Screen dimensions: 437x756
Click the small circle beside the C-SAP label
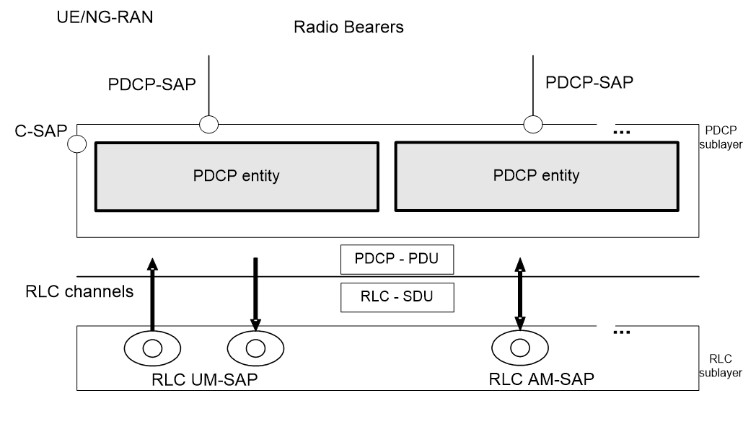(x=77, y=145)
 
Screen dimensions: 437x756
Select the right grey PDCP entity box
(x=536, y=175)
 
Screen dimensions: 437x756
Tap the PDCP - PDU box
(x=397, y=259)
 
